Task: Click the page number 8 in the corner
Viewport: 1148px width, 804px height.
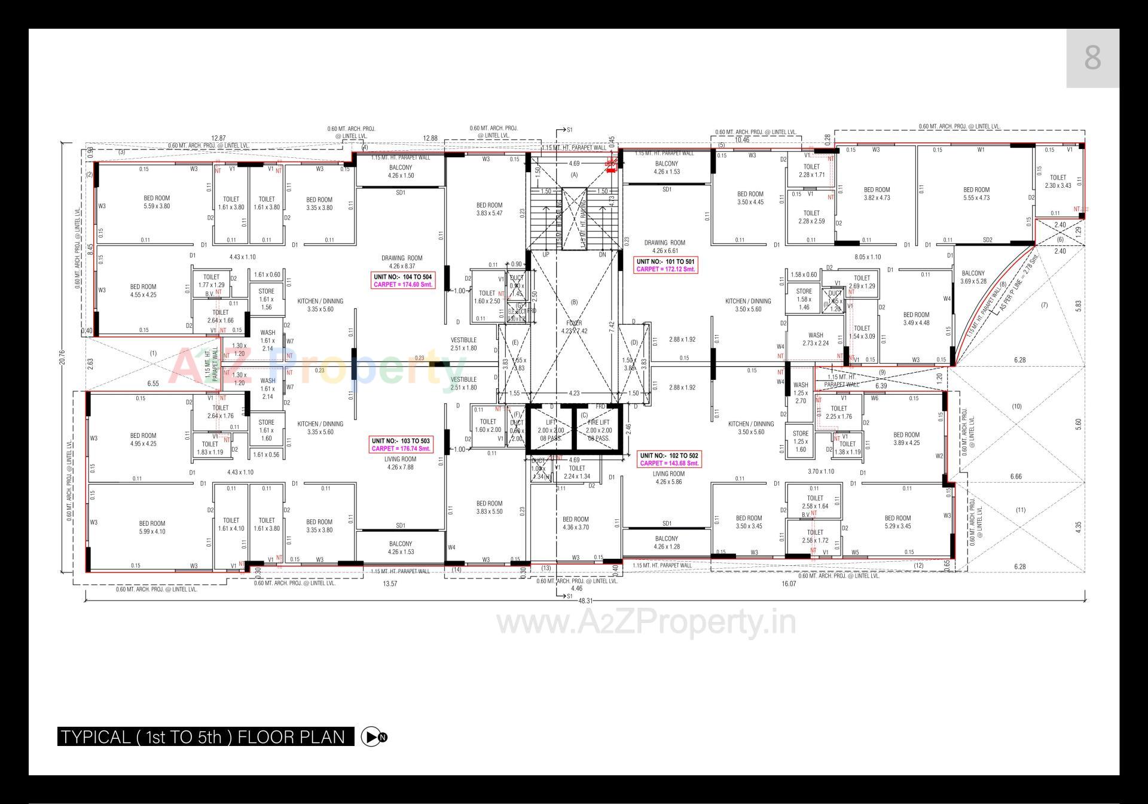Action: click(x=1092, y=58)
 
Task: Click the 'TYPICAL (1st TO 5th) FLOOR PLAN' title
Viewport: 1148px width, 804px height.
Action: click(x=205, y=736)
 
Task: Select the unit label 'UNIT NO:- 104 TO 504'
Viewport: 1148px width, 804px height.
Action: click(x=402, y=277)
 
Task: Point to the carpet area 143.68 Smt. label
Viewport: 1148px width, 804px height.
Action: click(x=668, y=464)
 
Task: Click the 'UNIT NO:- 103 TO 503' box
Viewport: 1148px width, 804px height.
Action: click(x=401, y=441)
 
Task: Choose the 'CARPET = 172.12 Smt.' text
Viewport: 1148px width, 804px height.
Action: click(x=665, y=269)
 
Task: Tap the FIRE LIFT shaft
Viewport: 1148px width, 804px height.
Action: click(x=598, y=430)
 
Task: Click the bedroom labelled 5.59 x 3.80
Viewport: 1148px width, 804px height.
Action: click(x=157, y=202)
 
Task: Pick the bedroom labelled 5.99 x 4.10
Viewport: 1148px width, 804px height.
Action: click(x=152, y=527)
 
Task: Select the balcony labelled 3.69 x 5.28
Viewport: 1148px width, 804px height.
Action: click(x=973, y=277)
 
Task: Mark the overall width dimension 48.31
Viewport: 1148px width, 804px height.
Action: click(x=585, y=601)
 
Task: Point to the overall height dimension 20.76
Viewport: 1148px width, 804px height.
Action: click(x=62, y=357)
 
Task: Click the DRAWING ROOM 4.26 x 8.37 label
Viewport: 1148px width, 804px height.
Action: click(x=402, y=262)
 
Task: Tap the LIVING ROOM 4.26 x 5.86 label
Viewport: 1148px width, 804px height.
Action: click(x=668, y=477)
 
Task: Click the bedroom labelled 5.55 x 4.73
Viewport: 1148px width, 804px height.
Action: click(x=976, y=194)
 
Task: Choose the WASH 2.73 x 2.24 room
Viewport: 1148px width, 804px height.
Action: click(x=815, y=339)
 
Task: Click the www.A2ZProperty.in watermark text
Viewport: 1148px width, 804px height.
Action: click(x=646, y=623)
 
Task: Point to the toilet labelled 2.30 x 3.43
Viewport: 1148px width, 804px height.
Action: click(x=1058, y=181)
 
